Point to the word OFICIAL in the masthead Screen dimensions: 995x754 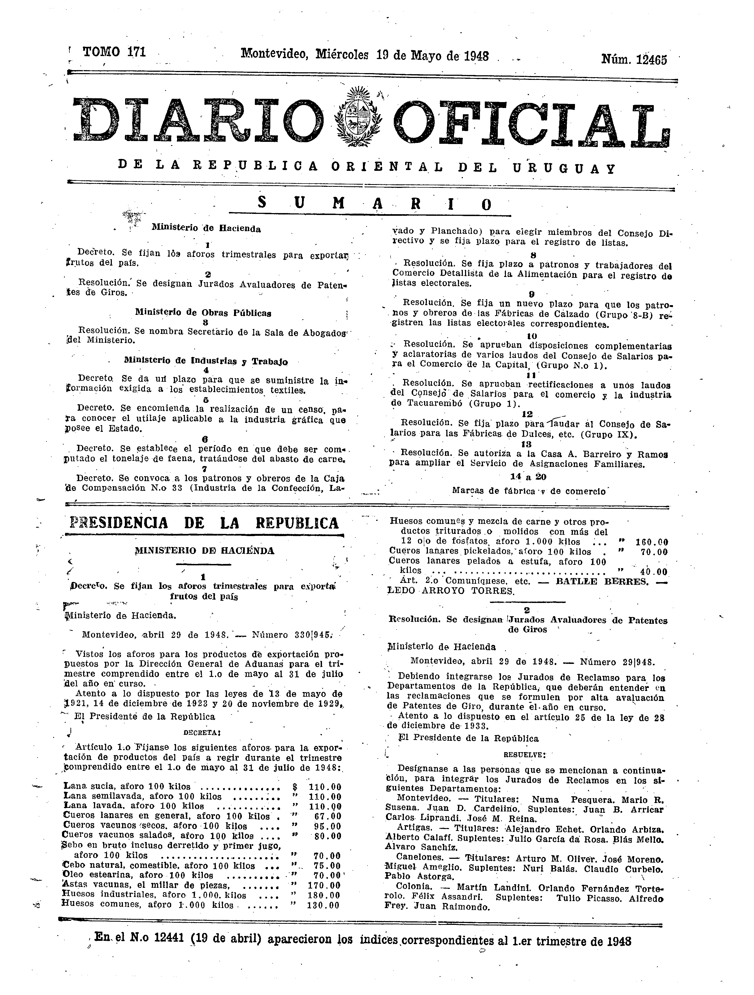pyautogui.click(x=530, y=122)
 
